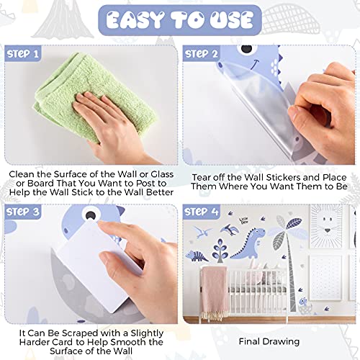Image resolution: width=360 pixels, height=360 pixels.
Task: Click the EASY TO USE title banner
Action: tap(180, 20)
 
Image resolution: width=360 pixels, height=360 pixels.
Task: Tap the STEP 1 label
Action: tap(23, 53)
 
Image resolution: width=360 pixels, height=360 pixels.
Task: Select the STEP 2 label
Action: tap(201, 53)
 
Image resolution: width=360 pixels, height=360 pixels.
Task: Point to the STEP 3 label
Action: tap(23, 212)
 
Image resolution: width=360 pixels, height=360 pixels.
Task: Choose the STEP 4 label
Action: tap(201, 212)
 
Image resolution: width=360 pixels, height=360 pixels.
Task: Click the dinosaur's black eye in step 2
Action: tap(247, 49)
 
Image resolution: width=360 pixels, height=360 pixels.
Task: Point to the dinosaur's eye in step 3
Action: tap(90, 215)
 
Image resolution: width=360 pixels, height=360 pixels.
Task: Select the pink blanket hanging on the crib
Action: tap(215, 292)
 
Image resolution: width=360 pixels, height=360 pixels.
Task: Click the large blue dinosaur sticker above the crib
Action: tap(250, 243)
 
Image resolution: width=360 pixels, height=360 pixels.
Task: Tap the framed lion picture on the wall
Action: tap(326, 226)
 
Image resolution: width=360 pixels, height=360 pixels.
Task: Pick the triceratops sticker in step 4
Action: tap(197, 256)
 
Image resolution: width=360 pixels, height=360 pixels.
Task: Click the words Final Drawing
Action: tap(269, 341)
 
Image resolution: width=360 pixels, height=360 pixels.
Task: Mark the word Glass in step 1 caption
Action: tap(162, 174)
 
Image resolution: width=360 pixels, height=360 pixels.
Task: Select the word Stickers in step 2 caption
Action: tap(283, 177)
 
